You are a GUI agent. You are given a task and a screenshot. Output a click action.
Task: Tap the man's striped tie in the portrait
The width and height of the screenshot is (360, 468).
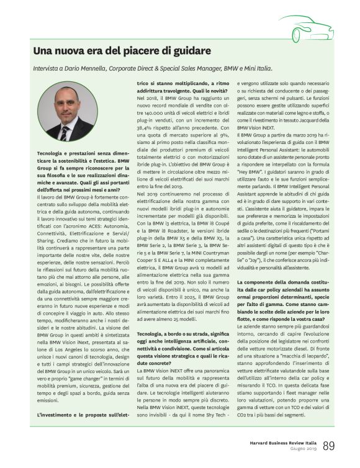point(64,133)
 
